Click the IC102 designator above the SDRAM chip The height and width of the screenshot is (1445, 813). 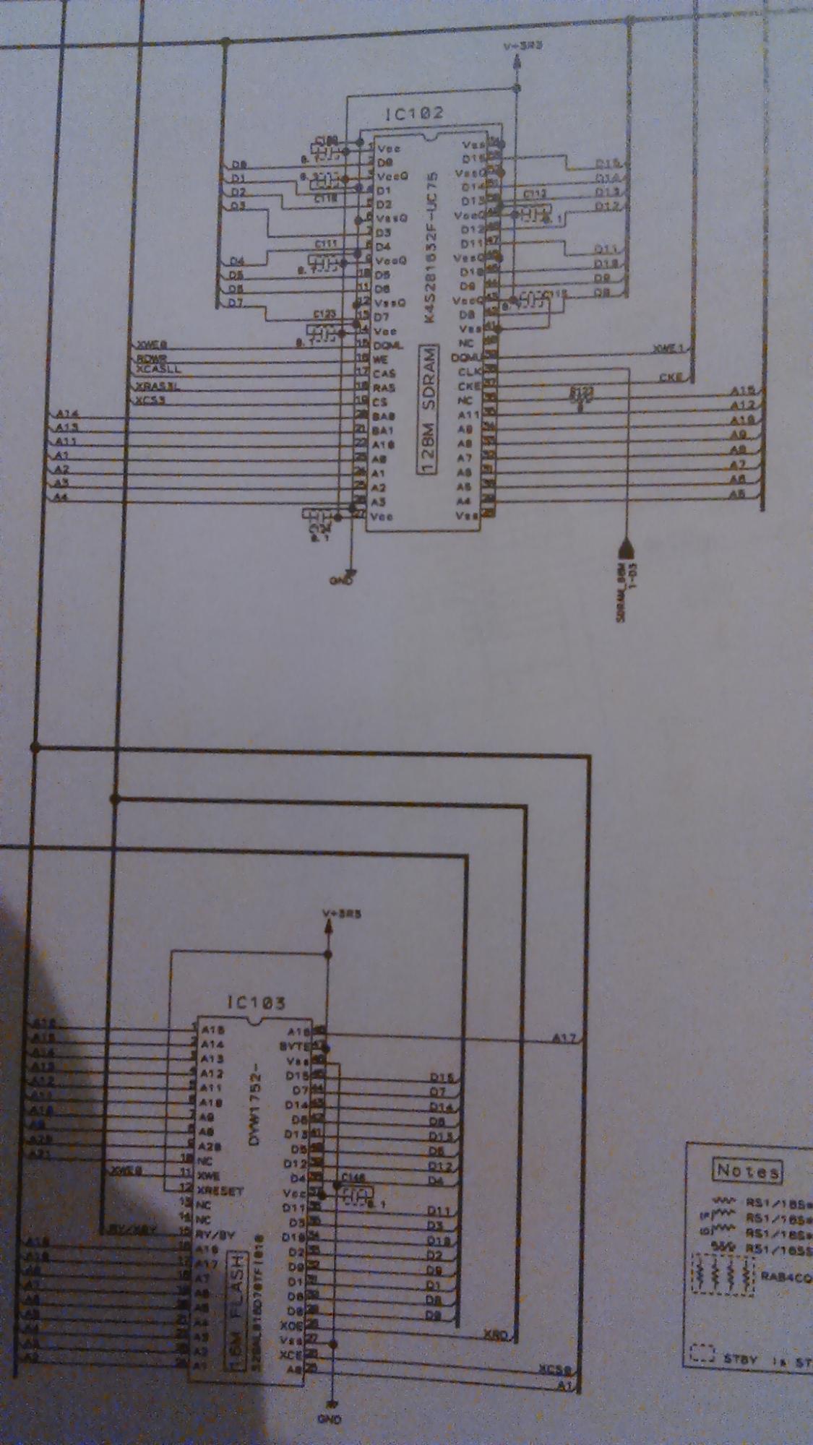click(414, 113)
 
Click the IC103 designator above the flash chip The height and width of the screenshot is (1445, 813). click(256, 1003)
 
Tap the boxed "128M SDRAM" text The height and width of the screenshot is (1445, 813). click(429, 410)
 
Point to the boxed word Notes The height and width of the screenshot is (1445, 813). click(747, 1170)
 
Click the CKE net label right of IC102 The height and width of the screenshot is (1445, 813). click(670, 377)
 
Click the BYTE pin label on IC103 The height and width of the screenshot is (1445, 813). click(293, 1045)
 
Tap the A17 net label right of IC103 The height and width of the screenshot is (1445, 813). click(564, 1038)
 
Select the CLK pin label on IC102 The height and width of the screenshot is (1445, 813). click(470, 371)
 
